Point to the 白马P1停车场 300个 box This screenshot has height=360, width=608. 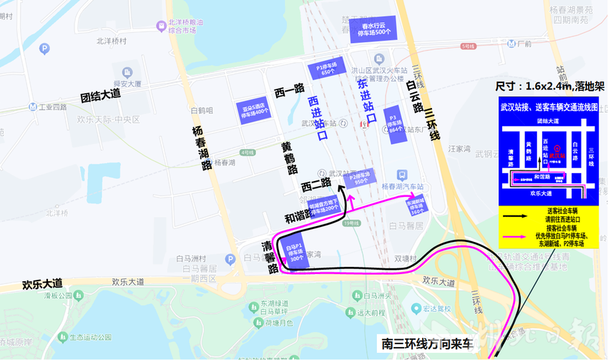[x=294, y=254]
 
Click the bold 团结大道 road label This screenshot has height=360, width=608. [x=100, y=94]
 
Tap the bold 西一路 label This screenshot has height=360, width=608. [x=290, y=89]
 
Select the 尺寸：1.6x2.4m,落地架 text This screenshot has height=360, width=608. [x=544, y=86]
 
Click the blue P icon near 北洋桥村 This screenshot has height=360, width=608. [x=44, y=49]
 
